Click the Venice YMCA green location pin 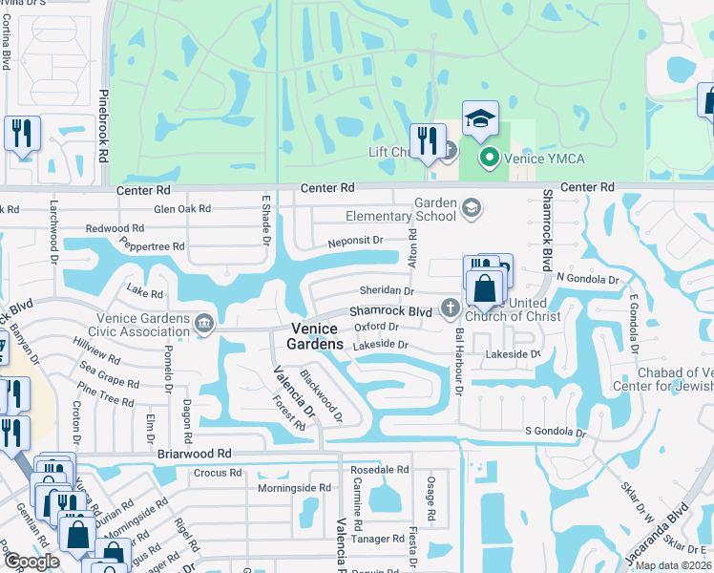tap(490, 158)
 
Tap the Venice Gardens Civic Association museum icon tap(203, 325)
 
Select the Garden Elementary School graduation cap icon tap(471, 208)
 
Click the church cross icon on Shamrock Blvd tap(450, 308)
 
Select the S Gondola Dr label tap(555, 433)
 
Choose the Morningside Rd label tap(294, 488)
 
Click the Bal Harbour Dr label tap(459, 364)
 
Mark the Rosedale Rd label tap(380, 470)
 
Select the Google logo tap(31, 562)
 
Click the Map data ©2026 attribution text tap(673, 565)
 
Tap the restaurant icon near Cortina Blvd tap(21, 133)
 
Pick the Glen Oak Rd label tap(181, 209)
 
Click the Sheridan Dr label tap(387, 290)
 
